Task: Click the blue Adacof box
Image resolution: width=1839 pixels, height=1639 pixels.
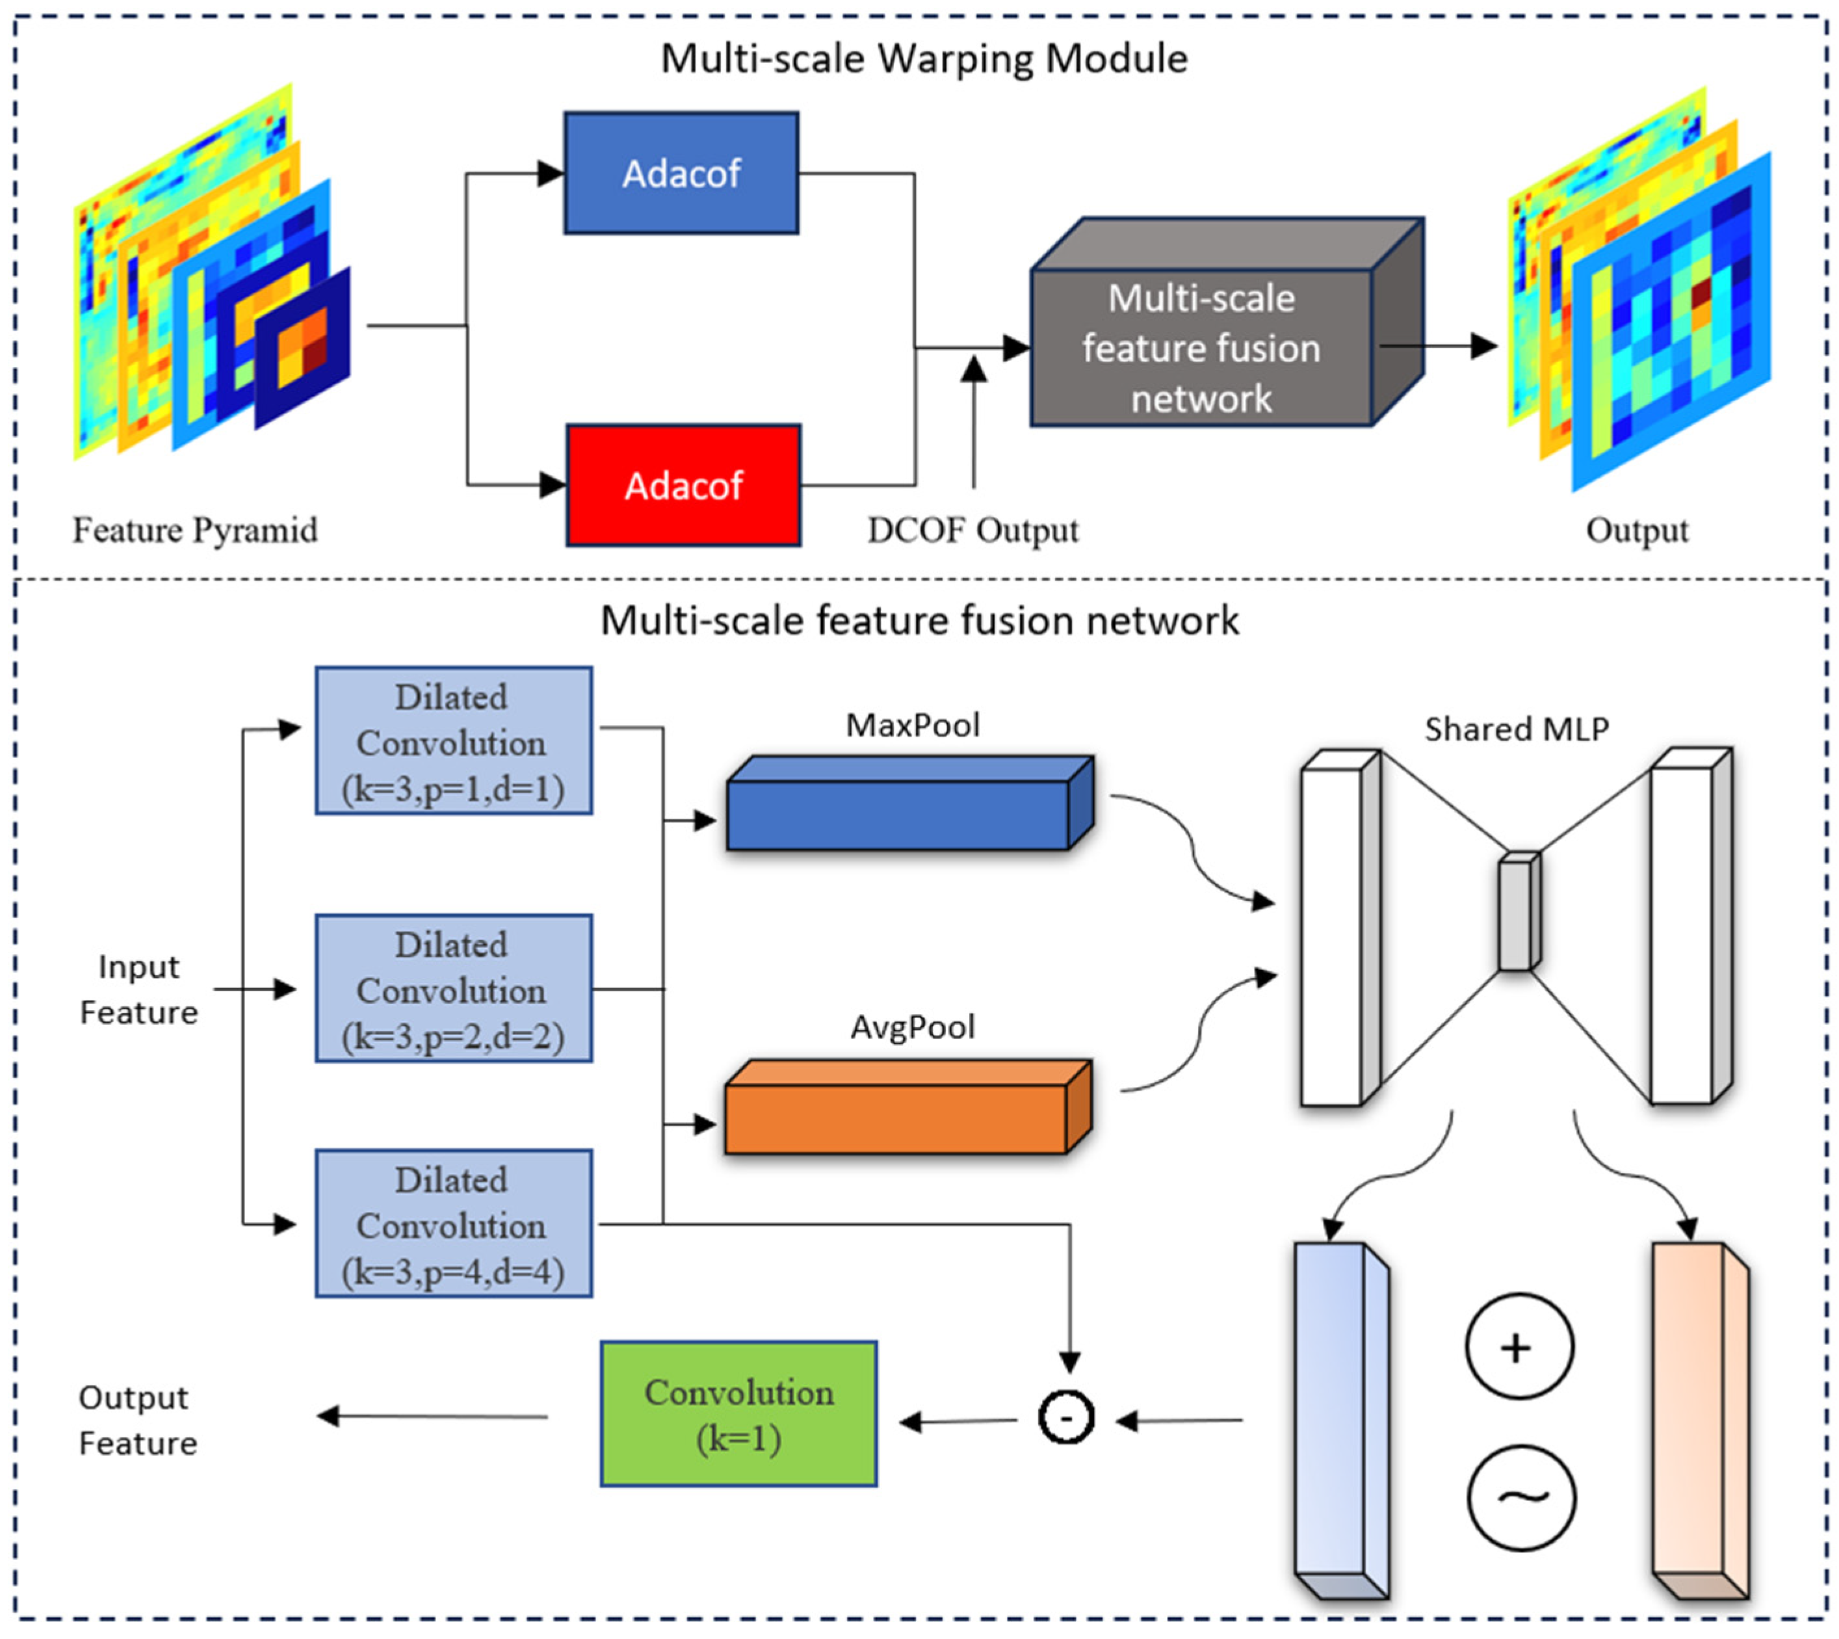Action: click(x=681, y=173)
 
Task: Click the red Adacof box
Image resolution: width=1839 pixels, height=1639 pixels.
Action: click(x=683, y=486)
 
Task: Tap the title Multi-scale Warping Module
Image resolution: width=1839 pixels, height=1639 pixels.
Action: click(x=924, y=59)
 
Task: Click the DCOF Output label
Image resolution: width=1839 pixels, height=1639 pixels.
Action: click(x=972, y=529)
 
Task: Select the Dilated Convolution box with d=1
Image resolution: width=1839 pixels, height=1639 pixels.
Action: click(x=453, y=741)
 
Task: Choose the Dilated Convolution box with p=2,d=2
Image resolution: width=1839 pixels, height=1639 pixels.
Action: click(x=453, y=989)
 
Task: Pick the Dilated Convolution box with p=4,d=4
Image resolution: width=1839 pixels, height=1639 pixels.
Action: click(x=453, y=1224)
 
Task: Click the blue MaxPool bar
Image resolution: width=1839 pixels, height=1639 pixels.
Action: click(x=898, y=814)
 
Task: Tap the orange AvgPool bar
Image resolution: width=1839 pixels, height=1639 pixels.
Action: click(x=896, y=1118)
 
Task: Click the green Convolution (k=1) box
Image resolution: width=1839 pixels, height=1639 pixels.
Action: click(x=738, y=1415)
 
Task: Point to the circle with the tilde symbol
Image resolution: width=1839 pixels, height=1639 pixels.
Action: click(x=1521, y=1499)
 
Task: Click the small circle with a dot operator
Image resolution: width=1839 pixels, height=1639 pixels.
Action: click(x=1066, y=1417)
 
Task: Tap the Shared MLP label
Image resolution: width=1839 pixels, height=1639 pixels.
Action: click(x=1516, y=729)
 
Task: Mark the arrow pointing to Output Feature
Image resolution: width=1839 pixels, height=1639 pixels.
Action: click(x=432, y=1417)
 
